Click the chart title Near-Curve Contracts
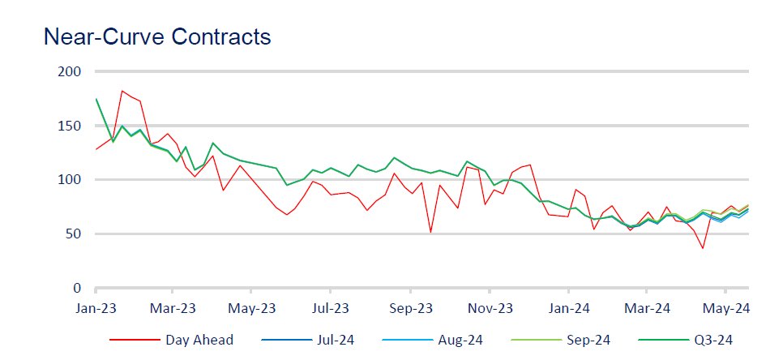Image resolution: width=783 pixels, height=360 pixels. click(x=156, y=36)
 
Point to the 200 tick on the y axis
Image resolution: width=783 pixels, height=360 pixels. click(x=71, y=72)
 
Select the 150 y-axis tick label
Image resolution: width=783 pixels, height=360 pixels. click(x=71, y=126)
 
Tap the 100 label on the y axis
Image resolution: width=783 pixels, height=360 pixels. click(x=71, y=180)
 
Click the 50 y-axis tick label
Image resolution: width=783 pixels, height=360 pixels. click(x=74, y=234)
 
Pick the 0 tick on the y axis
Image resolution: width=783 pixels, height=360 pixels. click(x=77, y=288)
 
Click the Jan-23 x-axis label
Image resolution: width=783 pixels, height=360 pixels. click(x=96, y=308)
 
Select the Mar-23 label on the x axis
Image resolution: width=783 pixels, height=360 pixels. click(x=173, y=308)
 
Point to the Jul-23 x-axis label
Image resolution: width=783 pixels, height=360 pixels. click(x=331, y=308)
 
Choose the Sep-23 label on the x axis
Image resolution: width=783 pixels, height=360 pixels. click(x=411, y=308)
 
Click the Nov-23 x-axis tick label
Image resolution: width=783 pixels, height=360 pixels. click(x=490, y=308)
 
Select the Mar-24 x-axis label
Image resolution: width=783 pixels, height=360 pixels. click(x=648, y=308)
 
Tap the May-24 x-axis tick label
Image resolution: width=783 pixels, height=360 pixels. click(x=725, y=308)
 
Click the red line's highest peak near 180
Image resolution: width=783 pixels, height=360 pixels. click(x=122, y=91)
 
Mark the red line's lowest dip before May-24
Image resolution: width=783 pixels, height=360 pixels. click(x=703, y=248)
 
